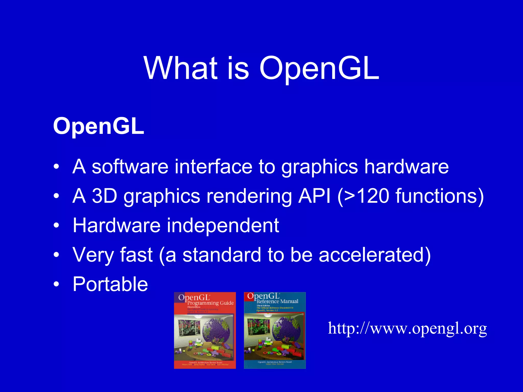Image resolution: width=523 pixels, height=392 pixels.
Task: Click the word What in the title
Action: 181,68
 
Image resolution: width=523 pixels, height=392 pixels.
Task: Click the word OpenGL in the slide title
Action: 319,68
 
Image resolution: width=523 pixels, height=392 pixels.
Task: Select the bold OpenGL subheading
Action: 99,126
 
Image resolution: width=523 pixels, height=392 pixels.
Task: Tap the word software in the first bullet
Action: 130,167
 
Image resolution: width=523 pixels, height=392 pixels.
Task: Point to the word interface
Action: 213,167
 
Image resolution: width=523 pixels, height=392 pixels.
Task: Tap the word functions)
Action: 440,196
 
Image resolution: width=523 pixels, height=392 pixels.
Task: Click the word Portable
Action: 110,284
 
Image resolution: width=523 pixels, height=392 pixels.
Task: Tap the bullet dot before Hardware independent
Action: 56,225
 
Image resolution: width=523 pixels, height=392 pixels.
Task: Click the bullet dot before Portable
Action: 56,284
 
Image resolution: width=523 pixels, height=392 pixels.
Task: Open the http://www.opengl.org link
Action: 407,328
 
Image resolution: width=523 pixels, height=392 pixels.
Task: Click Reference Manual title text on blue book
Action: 277,302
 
